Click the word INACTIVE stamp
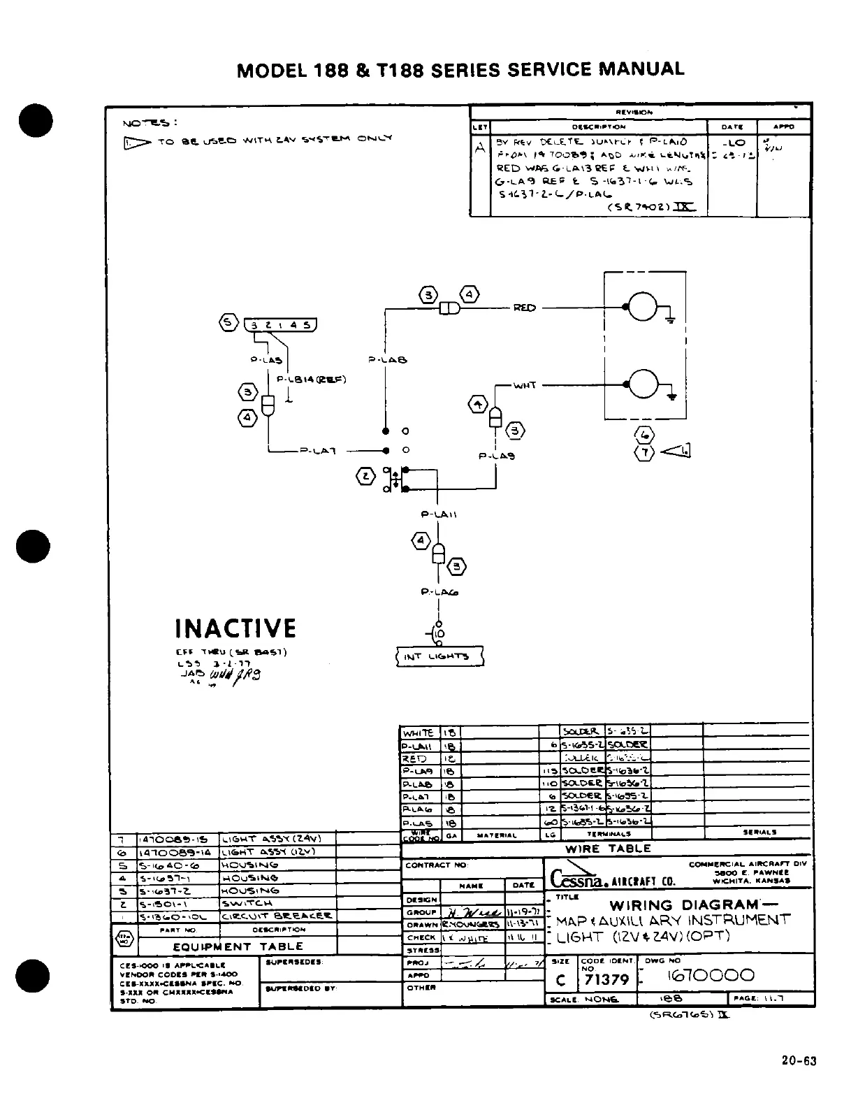[235, 628]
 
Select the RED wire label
[524, 308]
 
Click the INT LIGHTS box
[439, 656]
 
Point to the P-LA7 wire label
[319, 451]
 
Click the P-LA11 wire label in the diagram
[438, 514]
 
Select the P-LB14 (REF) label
[312, 380]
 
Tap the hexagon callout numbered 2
[365, 477]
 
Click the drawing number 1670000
[711, 975]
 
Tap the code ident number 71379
[607, 980]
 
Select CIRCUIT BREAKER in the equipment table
[277, 916]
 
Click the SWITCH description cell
[247, 903]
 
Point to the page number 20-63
[799, 1061]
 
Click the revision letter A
[479, 148]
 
